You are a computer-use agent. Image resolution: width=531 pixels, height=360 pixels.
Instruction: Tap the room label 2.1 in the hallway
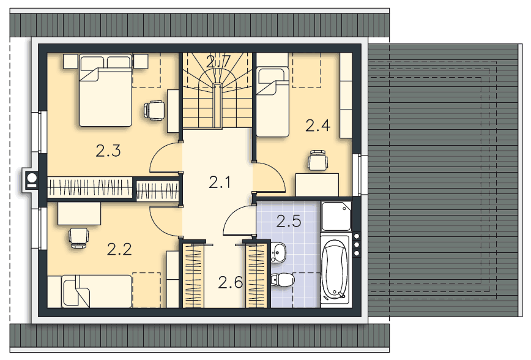[219, 181]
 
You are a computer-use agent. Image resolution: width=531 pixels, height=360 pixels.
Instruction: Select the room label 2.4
[318, 126]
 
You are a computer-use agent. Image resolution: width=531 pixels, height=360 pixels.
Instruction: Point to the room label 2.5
[289, 222]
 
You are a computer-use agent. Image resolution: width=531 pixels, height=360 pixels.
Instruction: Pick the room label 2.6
[230, 282]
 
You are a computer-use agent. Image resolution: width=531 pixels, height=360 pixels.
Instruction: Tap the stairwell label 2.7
[218, 61]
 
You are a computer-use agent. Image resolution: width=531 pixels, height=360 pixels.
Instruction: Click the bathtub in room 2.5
[335, 270]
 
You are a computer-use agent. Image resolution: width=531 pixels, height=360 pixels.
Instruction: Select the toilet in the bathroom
[282, 280]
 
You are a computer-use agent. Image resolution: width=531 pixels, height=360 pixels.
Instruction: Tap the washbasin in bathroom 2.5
[279, 252]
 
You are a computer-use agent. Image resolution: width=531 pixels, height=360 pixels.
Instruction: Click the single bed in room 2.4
[272, 101]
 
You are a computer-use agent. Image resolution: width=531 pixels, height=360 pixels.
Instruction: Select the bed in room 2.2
[95, 290]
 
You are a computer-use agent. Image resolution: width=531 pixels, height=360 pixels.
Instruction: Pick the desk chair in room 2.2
[78, 236]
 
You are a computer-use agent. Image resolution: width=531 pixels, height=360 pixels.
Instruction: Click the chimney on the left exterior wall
[29, 181]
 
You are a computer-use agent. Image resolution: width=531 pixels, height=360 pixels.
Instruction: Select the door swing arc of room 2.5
[237, 222]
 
